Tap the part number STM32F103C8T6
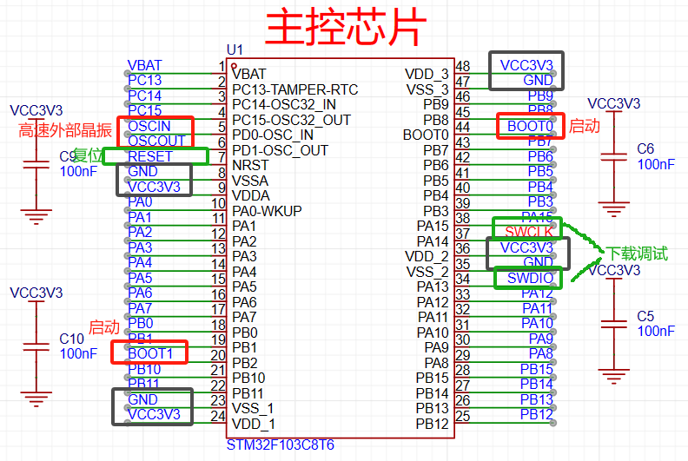tap(280, 445)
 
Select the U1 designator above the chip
tap(235, 50)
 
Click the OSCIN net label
tap(149, 126)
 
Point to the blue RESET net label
tap(149, 156)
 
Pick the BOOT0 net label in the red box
tap(530, 126)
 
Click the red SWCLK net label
tap(529, 232)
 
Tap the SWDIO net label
tap(530, 278)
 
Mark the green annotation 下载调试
tap(637, 254)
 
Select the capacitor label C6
tap(645, 148)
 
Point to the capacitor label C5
tap(645, 316)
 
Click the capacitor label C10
tap(71, 338)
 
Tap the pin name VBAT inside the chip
tap(249, 74)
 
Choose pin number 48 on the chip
tap(463, 66)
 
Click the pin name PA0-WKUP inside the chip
tap(267, 211)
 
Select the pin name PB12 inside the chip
tap(433, 424)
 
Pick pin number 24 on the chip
tap(218, 415)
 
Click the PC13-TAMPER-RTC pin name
tap(294, 89)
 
